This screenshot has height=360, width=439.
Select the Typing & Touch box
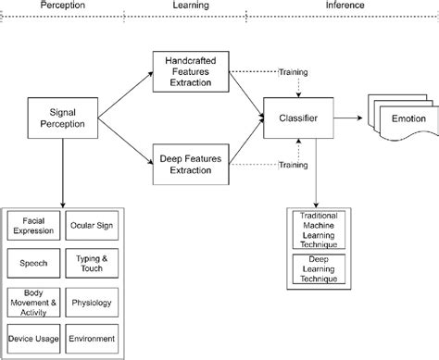click(92, 264)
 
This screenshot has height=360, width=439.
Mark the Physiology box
click(92, 300)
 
